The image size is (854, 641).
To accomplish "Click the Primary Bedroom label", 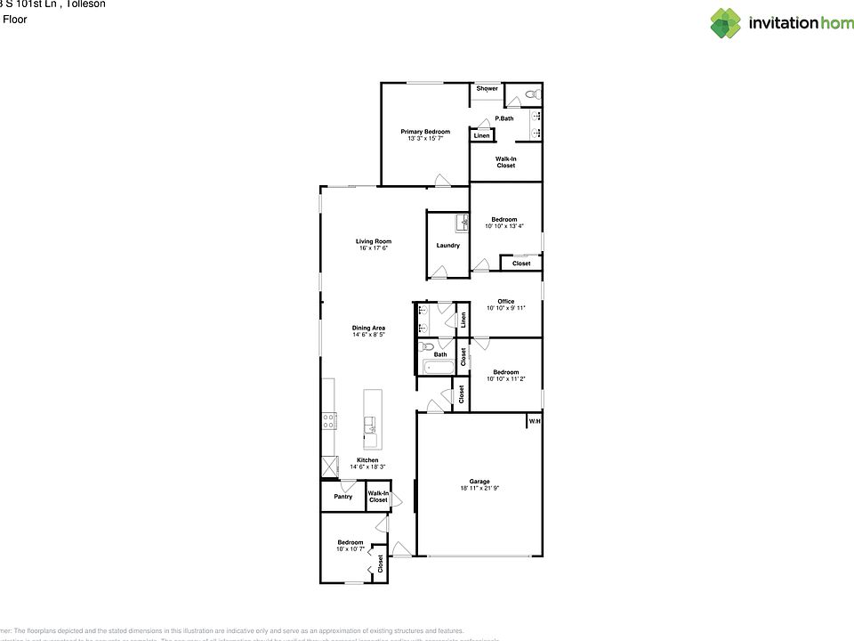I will pyautogui.click(x=424, y=132).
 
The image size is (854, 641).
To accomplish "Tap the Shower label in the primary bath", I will pyautogui.click(x=487, y=89).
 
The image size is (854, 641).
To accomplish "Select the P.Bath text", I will pyautogui.click(x=504, y=118).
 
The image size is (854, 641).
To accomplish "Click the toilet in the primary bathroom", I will pyautogui.click(x=530, y=94).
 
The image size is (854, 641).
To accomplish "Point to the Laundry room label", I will pyautogui.click(x=447, y=246).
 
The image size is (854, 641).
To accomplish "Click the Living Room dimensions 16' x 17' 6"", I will pyautogui.click(x=374, y=248).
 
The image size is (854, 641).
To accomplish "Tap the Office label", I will pyautogui.click(x=505, y=301).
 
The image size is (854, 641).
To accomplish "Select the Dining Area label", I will pyautogui.click(x=367, y=328).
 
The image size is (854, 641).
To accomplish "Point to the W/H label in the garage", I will pyautogui.click(x=535, y=421).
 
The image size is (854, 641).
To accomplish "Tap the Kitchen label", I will pyautogui.click(x=367, y=460).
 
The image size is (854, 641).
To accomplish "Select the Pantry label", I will pyautogui.click(x=342, y=497).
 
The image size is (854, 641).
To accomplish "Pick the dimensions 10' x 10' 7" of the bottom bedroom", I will pyautogui.click(x=350, y=549).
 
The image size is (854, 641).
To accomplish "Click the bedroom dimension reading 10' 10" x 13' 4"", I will pyautogui.click(x=504, y=226).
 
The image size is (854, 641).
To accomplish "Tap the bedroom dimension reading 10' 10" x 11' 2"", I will pyautogui.click(x=505, y=379).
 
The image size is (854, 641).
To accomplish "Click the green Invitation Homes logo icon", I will pyautogui.click(x=725, y=23).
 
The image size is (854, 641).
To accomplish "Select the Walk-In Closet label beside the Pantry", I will pyautogui.click(x=378, y=497).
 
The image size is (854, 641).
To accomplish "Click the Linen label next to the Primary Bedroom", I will pyautogui.click(x=481, y=136).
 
